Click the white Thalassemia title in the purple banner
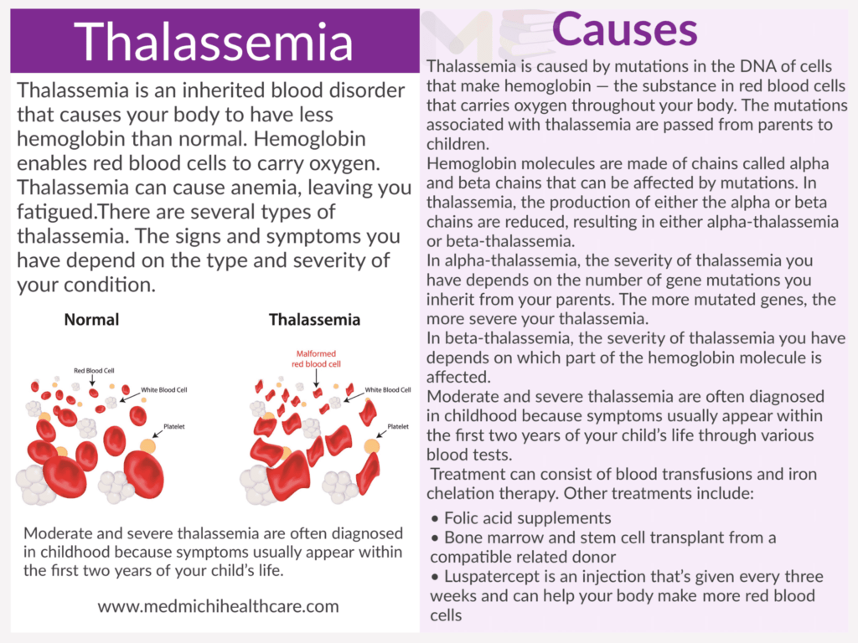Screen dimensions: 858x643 [214, 42]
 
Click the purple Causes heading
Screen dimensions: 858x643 [624, 30]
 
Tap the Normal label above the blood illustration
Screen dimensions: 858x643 [91, 319]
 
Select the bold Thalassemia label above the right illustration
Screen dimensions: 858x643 [314, 319]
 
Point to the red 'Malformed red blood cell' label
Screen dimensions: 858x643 [316, 358]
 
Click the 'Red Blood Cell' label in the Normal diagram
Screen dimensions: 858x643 [94, 371]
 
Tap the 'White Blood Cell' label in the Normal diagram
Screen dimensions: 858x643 [164, 390]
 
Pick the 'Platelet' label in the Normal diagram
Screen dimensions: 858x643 [174, 426]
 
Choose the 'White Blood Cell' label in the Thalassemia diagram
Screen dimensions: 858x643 [388, 390]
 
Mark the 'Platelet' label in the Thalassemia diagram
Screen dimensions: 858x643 [398, 426]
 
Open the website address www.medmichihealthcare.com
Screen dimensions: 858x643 [219, 606]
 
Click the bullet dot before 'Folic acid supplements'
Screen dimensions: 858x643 [435, 518]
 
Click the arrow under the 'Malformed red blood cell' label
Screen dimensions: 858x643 [317, 378]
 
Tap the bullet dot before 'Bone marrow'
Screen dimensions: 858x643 [435, 538]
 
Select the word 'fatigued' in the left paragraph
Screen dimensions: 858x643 [55, 213]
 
